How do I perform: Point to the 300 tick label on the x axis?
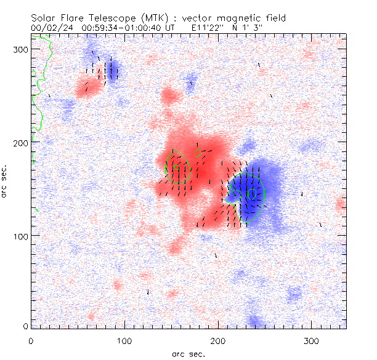[x=312, y=340]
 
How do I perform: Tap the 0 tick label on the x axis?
[x=31, y=340]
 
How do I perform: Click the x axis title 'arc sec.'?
[x=188, y=354]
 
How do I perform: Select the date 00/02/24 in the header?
[x=50, y=28]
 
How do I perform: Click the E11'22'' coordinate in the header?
[x=208, y=28]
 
